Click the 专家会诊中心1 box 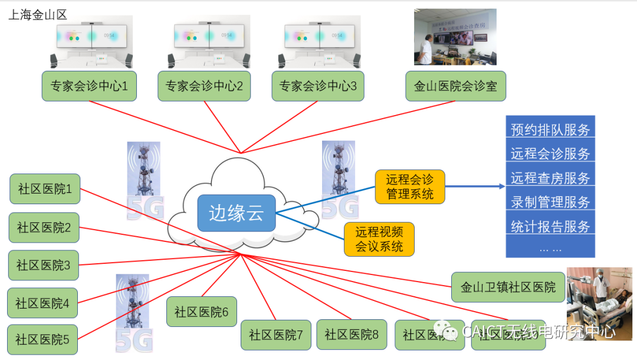[x=89, y=86]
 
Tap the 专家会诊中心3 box [x=318, y=86]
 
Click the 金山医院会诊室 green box [x=455, y=86]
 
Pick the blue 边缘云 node [x=237, y=213]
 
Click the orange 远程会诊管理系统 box [x=409, y=186]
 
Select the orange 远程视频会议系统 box [x=379, y=239]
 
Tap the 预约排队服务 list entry [x=550, y=129]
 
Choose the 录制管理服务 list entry [x=550, y=202]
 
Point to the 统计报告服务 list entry [x=550, y=226]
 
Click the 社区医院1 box [x=45, y=189]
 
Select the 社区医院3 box [x=43, y=266]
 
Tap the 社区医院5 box [x=42, y=339]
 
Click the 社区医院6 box [x=201, y=312]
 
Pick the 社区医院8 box [x=352, y=335]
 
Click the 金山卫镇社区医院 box [x=508, y=287]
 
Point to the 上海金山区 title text [x=37, y=15]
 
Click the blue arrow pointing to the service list [x=475, y=186]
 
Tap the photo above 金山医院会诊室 [x=455, y=37]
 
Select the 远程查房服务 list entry [x=550, y=178]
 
